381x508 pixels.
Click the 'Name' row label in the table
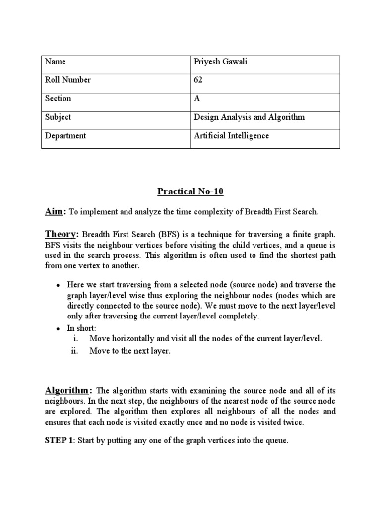click(55, 62)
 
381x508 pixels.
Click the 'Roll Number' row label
click(68, 80)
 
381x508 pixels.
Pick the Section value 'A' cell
click(197, 99)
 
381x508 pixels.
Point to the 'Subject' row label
click(58, 117)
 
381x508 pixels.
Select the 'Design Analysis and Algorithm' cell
click(249, 117)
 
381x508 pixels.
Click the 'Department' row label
click(65, 135)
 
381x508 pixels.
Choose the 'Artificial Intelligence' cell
click(231, 135)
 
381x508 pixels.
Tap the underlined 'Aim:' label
click(56, 212)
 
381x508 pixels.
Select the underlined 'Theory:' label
click(62, 234)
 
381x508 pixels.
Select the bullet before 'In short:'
click(58, 328)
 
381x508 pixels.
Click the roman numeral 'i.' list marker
click(76, 339)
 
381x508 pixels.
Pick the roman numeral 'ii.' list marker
click(75, 351)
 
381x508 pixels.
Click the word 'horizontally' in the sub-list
click(133, 339)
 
